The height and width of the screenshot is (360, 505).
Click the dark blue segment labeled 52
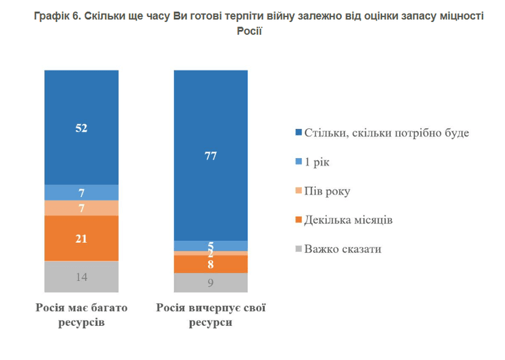pyautogui.click(x=81, y=127)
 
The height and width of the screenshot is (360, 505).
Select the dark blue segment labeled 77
pyautogui.click(x=210, y=155)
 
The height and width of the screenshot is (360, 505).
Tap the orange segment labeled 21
pyautogui.click(x=81, y=238)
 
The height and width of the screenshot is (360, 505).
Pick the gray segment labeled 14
pyautogui.click(x=81, y=277)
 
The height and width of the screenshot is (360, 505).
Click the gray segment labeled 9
pyautogui.click(x=210, y=282)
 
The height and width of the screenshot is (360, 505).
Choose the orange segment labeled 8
pyautogui.click(x=210, y=264)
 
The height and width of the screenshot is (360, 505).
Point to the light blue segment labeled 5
pyautogui.click(x=210, y=245)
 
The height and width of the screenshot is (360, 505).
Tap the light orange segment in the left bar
pyautogui.click(x=81, y=208)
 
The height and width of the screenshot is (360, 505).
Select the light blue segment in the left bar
pyautogui.click(x=81, y=192)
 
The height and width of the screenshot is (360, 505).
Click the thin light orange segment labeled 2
pyautogui.click(x=210, y=253)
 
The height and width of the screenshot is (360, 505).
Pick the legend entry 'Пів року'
pyautogui.click(x=328, y=190)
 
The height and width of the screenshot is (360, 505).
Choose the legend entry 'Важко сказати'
pyautogui.click(x=342, y=249)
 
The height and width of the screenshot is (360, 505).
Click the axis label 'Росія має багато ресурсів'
pyautogui.click(x=81, y=314)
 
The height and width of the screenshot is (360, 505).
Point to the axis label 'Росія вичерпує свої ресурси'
pyautogui.click(x=210, y=314)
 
